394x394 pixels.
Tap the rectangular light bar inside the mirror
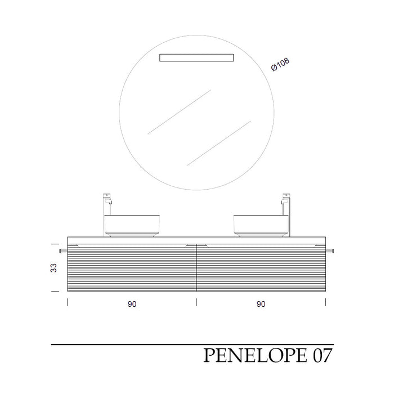pyautogui.click(x=196, y=57)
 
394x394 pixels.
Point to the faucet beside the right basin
pyautogui.click(x=286, y=214)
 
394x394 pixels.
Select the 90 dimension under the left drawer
pyautogui.click(x=132, y=305)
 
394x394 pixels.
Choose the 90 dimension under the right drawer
pyautogui.click(x=261, y=305)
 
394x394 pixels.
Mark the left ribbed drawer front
pyautogui.click(x=132, y=268)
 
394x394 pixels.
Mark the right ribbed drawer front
pyautogui.click(x=261, y=268)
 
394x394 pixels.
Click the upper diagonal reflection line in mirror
pyautogui.click(x=179, y=111)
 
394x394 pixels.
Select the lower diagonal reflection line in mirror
pyautogui.click(x=218, y=142)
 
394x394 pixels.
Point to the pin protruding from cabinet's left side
pyautogui.click(x=62, y=250)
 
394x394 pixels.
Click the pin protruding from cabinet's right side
pyautogui.click(x=331, y=250)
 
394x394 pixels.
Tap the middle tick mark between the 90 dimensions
pyautogui.click(x=196, y=303)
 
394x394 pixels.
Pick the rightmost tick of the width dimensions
pyautogui.click(x=325, y=303)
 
